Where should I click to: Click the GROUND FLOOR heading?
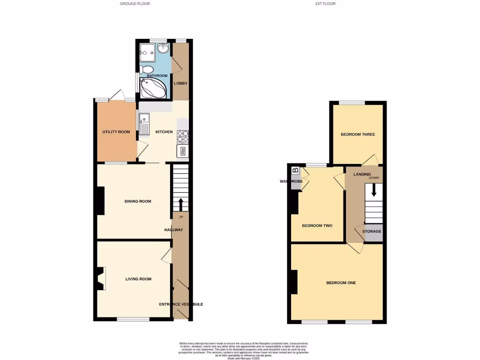point(135,4)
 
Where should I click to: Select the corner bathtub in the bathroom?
point(152,88)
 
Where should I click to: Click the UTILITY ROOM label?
point(116,132)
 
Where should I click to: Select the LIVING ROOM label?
point(138,279)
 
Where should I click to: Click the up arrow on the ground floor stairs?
point(180,204)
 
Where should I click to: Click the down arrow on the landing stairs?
point(374,190)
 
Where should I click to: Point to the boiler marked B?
point(295,171)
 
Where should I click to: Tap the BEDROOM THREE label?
point(358,135)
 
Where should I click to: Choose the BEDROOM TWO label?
point(317,225)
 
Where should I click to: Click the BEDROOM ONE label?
point(341,283)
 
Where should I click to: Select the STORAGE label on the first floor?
point(372,232)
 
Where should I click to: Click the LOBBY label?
point(180,83)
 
